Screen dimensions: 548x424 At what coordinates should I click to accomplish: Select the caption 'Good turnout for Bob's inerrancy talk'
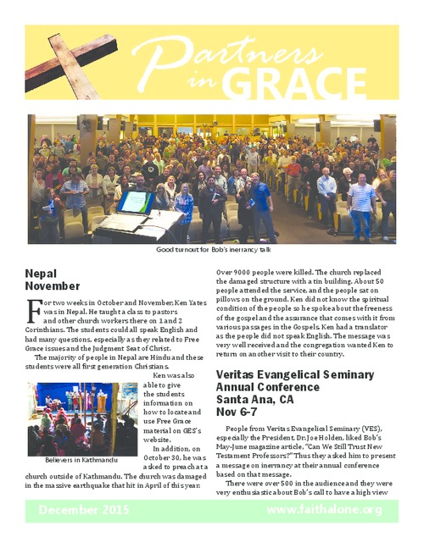coord(212,251)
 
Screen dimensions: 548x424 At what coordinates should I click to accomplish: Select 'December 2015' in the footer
coord(81,510)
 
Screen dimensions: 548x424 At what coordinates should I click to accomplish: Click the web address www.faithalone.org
coord(325,510)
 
